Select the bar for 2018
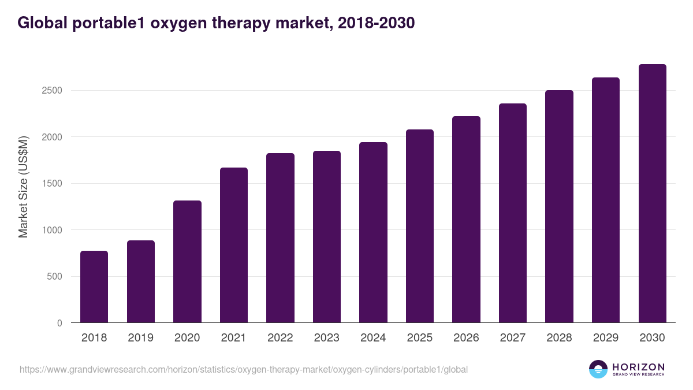[94, 287]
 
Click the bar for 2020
[187, 261]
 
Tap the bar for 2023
[327, 236]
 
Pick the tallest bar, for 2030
[653, 193]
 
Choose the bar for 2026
[466, 219]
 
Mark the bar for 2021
[234, 245]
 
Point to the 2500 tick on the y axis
[51, 91]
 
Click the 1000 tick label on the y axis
[51, 230]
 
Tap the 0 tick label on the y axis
[59, 323]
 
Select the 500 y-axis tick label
[54, 277]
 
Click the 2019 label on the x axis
[141, 338]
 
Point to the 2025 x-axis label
[420, 338]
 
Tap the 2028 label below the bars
[559, 338]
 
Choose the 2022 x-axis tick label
[280, 338]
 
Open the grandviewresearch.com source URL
[244, 369]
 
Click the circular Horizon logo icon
[598, 369]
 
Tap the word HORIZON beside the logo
[638, 366]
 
